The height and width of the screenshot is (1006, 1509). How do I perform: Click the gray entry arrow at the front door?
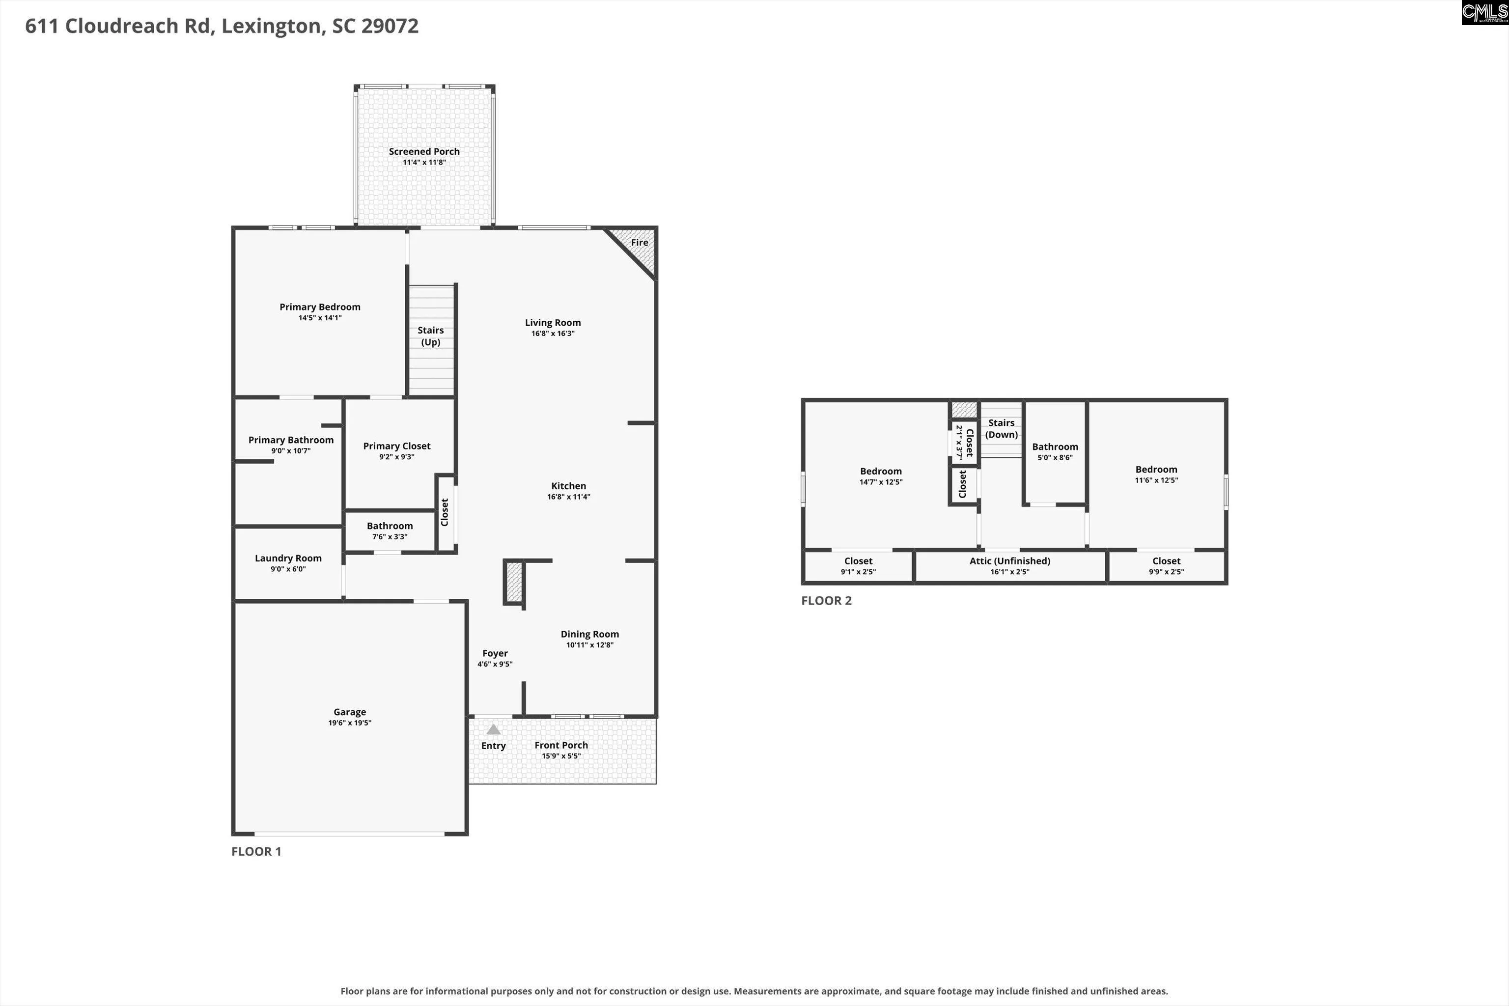pos(493,729)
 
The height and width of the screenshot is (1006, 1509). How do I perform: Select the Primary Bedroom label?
pos(320,307)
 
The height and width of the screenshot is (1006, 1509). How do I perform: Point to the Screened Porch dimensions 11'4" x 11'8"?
pos(424,162)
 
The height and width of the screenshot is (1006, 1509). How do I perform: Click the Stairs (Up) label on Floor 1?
pos(430,336)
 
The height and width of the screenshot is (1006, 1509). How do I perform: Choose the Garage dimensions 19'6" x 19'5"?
pos(350,723)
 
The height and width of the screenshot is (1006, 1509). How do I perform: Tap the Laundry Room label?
pos(288,558)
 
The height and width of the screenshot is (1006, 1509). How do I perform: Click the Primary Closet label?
pos(396,446)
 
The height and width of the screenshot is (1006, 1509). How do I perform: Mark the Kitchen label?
pos(568,486)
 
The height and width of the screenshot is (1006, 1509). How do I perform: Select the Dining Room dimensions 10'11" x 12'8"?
pos(589,645)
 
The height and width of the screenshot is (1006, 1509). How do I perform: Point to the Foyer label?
pos(495,653)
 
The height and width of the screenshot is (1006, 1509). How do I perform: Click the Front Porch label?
pos(561,745)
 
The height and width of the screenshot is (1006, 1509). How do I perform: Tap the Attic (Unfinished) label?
pos(1010,561)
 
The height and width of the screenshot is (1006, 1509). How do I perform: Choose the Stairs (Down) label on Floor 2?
pos(1002,428)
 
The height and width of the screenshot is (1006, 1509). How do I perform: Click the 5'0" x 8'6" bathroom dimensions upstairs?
pos(1055,457)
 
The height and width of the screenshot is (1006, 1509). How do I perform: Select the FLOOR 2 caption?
pos(826,601)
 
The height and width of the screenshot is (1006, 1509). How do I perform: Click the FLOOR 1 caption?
pos(256,851)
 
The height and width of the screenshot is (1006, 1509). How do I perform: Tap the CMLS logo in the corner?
pos(1484,12)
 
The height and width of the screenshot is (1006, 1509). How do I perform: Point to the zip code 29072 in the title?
pos(390,26)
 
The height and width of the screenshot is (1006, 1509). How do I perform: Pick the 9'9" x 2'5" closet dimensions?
pos(1167,572)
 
